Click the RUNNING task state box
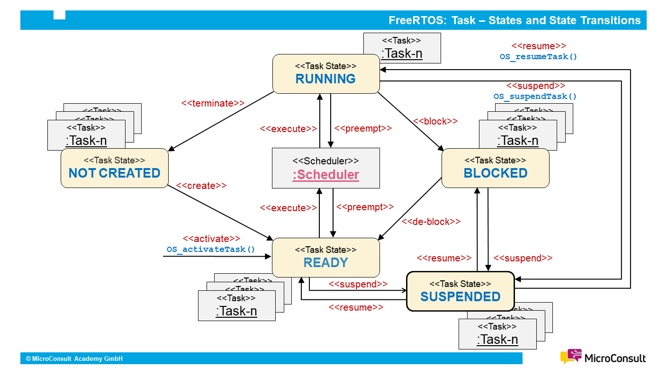click(x=326, y=74)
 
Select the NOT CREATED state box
click(x=115, y=168)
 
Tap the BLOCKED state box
click(x=495, y=168)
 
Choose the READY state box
click(x=326, y=258)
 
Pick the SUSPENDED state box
click(x=460, y=291)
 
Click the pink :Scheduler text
click(x=326, y=175)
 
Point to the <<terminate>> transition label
click(x=213, y=103)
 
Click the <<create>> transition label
click(x=201, y=186)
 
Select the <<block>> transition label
click(x=435, y=121)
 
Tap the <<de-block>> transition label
click(x=431, y=221)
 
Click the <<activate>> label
click(x=211, y=239)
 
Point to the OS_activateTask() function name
click(x=211, y=249)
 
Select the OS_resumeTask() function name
click(x=539, y=57)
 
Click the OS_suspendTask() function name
click(x=535, y=97)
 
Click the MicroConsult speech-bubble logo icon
click(x=571, y=357)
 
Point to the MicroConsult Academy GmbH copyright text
click(x=74, y=358)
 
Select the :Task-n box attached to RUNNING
click(x=402, y=48)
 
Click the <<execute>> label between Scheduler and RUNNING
click(x=288, y=129)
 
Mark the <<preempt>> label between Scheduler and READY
click(x=365, y=207)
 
